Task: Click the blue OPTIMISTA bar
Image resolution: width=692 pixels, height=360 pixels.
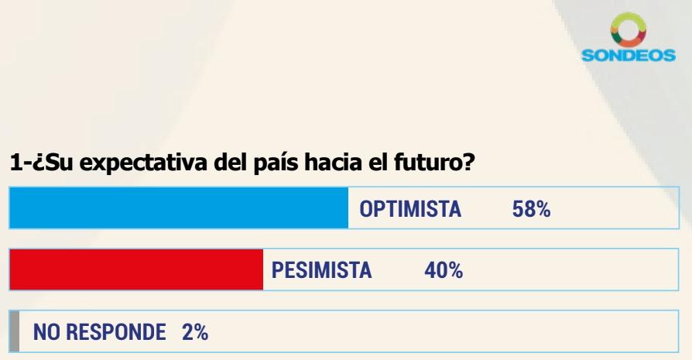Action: click(x=179, y=209)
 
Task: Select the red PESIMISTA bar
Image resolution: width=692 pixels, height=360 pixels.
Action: click(x=136, y=271)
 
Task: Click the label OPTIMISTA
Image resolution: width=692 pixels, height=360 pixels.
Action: click(x=412, y=210)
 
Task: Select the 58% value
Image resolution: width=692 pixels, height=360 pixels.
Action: click(x=531, y=210)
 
